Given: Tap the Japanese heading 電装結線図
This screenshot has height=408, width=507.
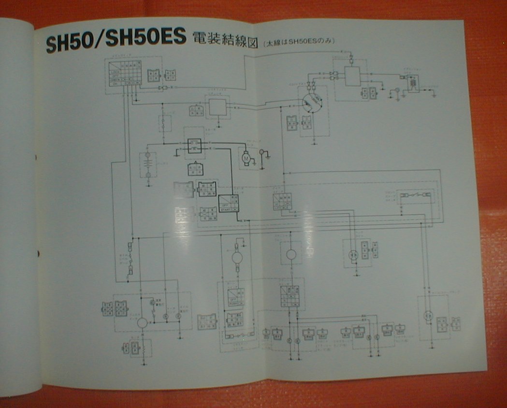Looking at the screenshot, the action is pos(225,39).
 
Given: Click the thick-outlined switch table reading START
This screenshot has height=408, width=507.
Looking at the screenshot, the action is pos(228,204).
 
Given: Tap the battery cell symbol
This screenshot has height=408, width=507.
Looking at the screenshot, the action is pos(148,164).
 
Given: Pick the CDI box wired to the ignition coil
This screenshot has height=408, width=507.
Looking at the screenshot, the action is pos(353,76).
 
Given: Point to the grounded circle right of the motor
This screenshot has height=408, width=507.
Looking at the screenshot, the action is pos(264,153).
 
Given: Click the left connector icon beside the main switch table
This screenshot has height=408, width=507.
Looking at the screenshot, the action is pos(153,75).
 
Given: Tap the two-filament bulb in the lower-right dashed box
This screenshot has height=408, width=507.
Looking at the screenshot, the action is pos(427,316).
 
